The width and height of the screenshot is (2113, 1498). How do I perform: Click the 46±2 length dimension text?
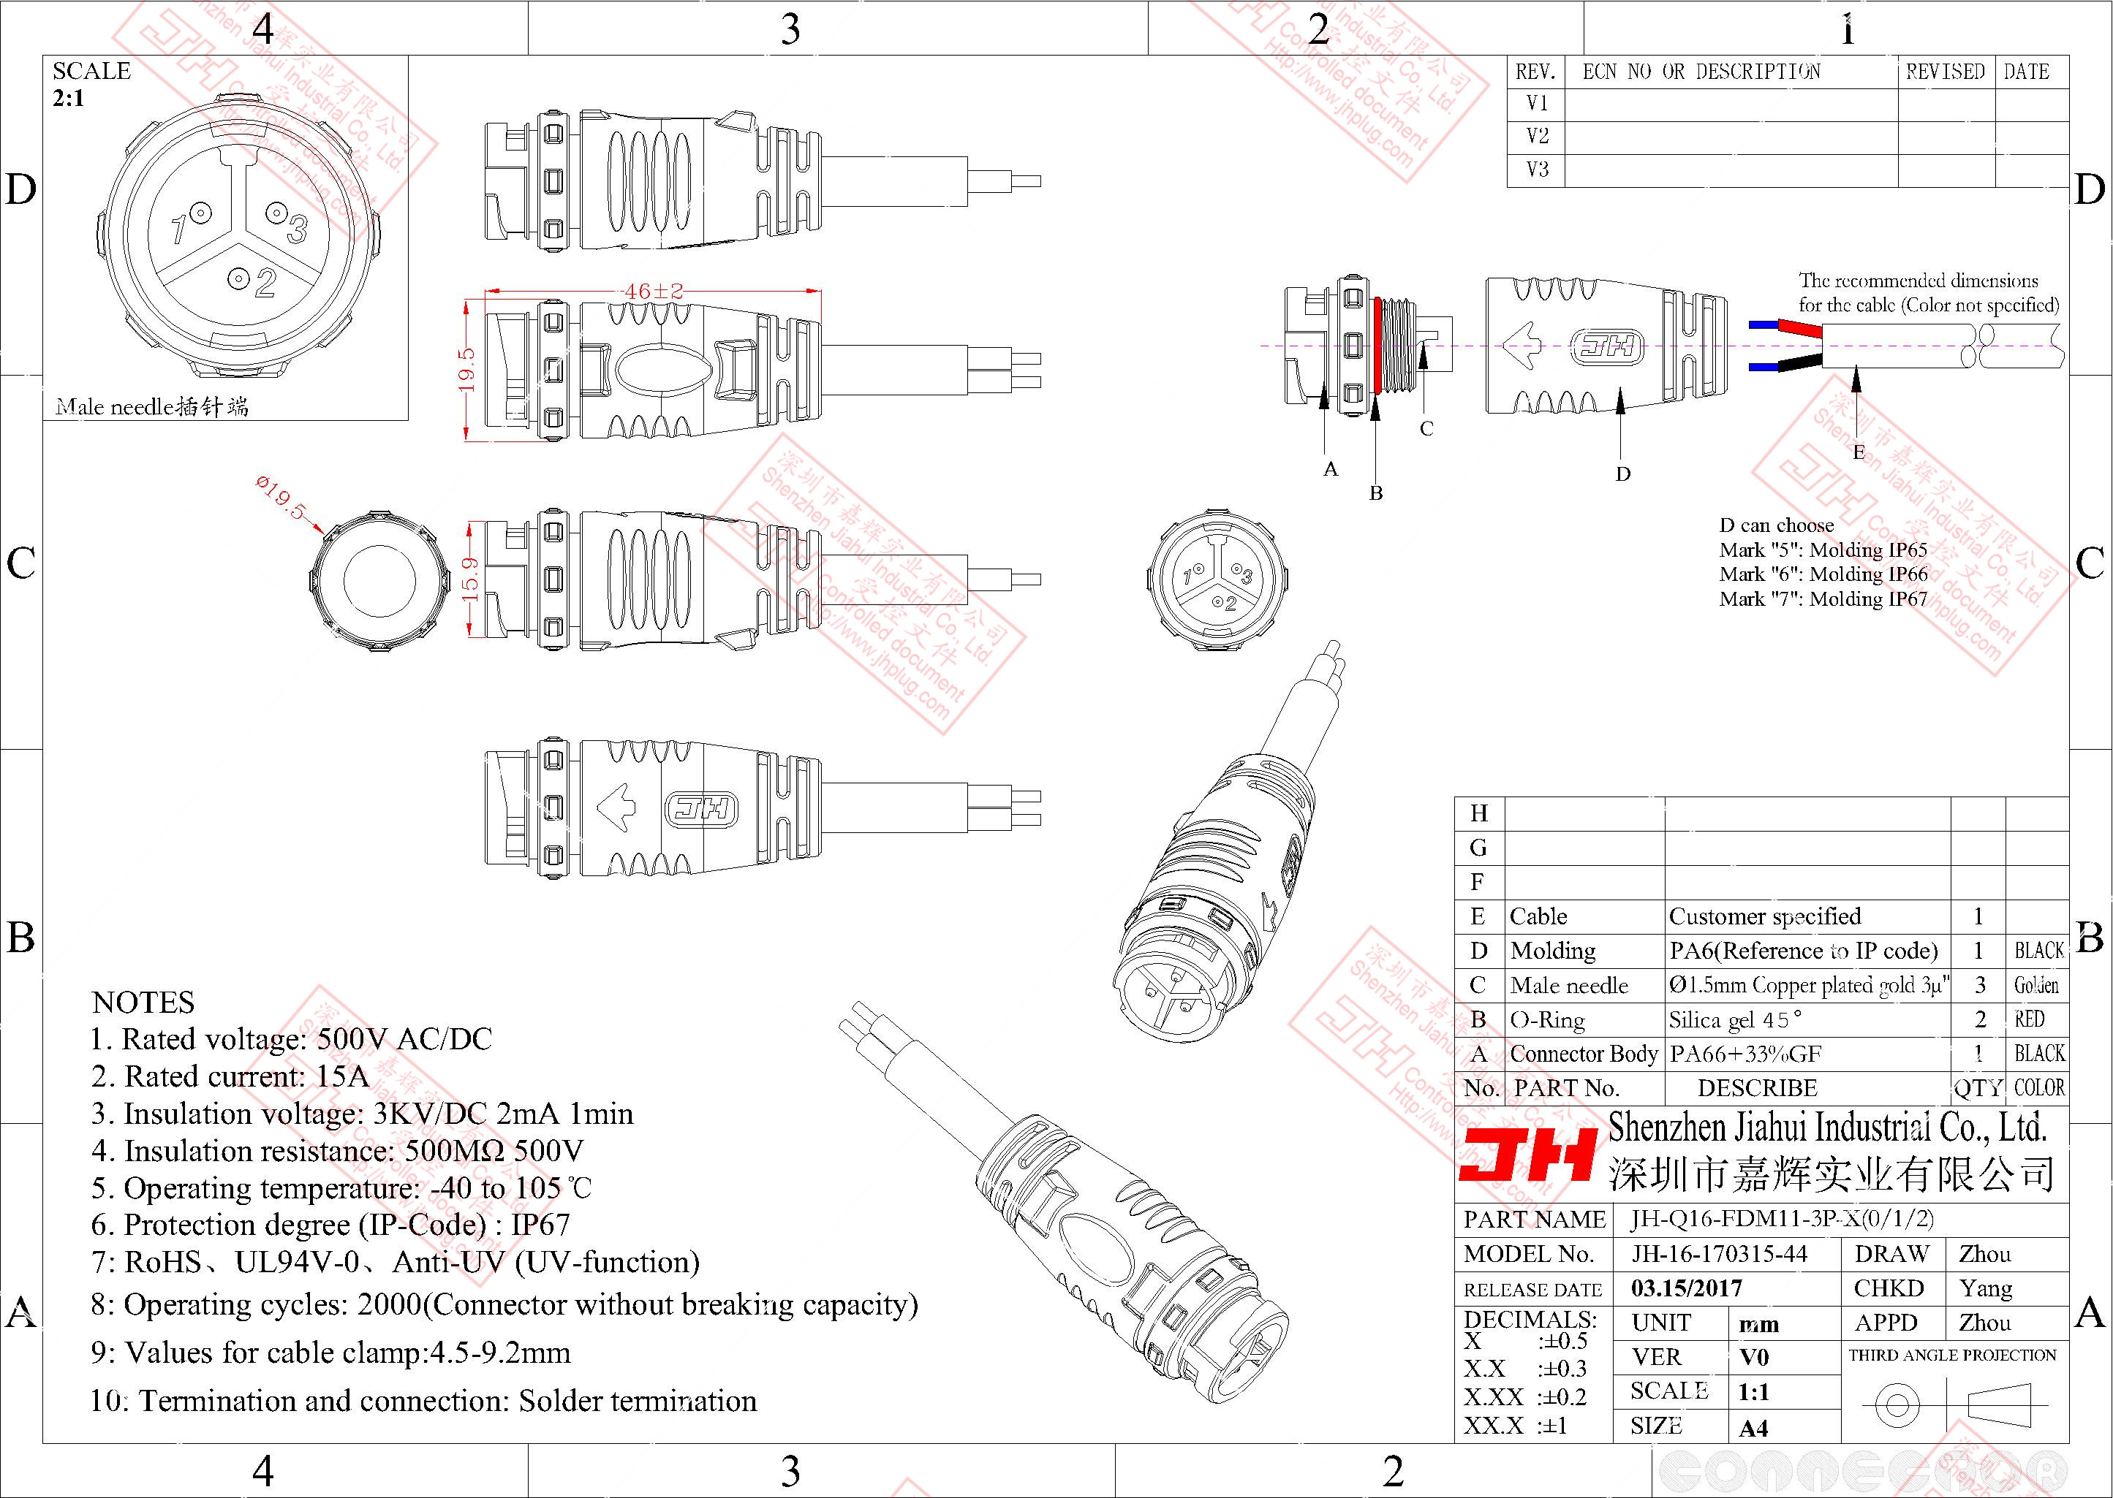[654, 292]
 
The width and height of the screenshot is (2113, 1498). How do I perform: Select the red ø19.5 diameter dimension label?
[281, 497]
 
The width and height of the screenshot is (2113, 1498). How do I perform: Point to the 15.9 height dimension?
[469, 579]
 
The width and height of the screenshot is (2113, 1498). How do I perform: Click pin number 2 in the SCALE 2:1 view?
[265, 282]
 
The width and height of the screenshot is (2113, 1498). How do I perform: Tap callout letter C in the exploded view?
[1426, 429]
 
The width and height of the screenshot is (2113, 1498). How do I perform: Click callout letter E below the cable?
[1859, 452]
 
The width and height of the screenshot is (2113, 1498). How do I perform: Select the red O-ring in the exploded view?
[1377, 345]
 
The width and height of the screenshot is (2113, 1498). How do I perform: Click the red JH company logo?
[1528, 1156]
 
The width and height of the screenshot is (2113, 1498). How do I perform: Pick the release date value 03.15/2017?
[1686, 1288]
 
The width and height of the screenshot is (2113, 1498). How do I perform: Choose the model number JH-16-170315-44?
[1719, 1253]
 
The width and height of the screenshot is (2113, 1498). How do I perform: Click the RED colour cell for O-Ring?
[2029, 1019]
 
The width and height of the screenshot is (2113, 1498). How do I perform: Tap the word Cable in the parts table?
[1538, 916]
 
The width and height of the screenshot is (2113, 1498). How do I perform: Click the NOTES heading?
[143, 1003]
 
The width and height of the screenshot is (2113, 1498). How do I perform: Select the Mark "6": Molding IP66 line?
[1823, 574]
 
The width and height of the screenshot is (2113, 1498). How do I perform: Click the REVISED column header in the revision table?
[1945, 72]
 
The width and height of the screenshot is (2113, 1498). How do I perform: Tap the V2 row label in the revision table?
[1538, 137]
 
